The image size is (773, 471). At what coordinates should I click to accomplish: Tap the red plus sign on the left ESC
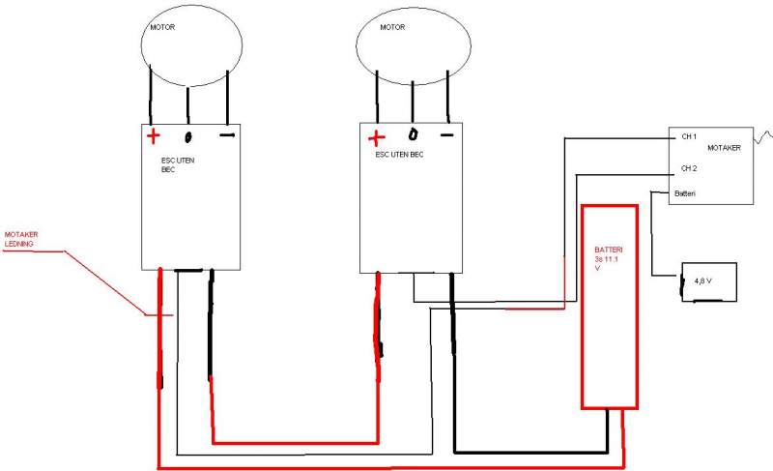click(x=153, y=135)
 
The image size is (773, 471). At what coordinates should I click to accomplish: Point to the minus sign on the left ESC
click(x=227, y=135)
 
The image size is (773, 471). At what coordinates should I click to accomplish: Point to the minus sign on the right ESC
click(x=446, y=134)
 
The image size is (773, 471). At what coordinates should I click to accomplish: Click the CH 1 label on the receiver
click(x=689, y=136)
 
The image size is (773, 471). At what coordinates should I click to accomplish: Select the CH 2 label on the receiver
click(x=689, y=168)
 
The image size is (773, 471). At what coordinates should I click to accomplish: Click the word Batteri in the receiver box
click(x=686, y=194)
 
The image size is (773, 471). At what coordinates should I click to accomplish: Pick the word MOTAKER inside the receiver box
click(x=724, y=148)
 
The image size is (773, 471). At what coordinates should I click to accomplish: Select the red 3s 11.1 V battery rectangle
click(x=609, y=306)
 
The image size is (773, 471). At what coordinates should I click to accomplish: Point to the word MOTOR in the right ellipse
click(x=392, y=28)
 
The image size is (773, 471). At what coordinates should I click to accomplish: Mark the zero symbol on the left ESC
click(x=189, y=136)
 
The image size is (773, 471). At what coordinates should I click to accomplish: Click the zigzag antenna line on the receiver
click(x=763, y=135)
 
